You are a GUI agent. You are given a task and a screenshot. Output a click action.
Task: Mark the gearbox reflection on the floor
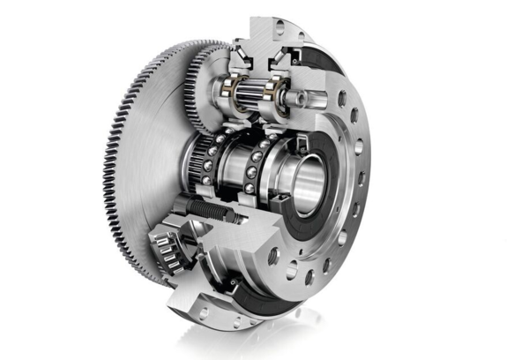pos(264,340)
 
